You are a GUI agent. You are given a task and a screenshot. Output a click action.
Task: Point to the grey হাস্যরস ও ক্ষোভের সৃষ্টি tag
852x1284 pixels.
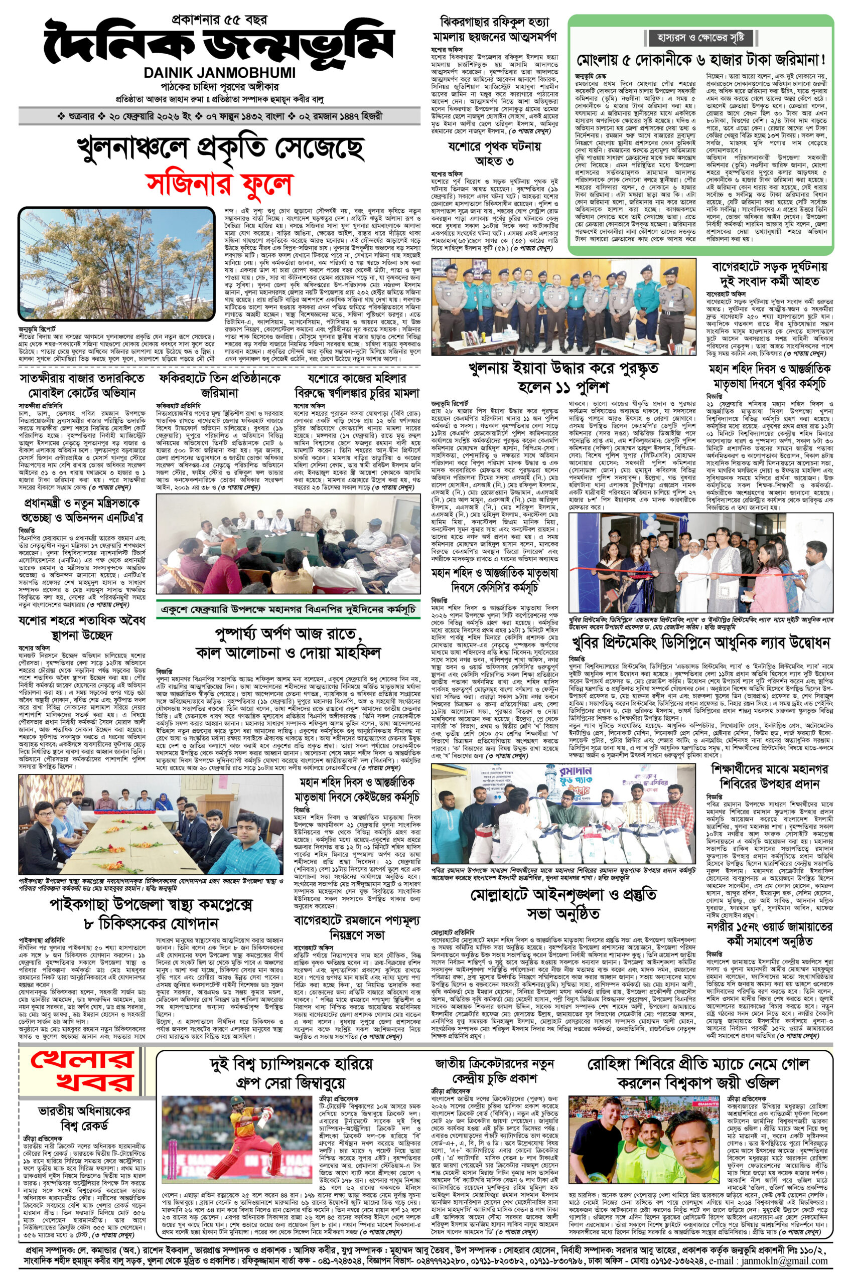[x=701, y=38]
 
